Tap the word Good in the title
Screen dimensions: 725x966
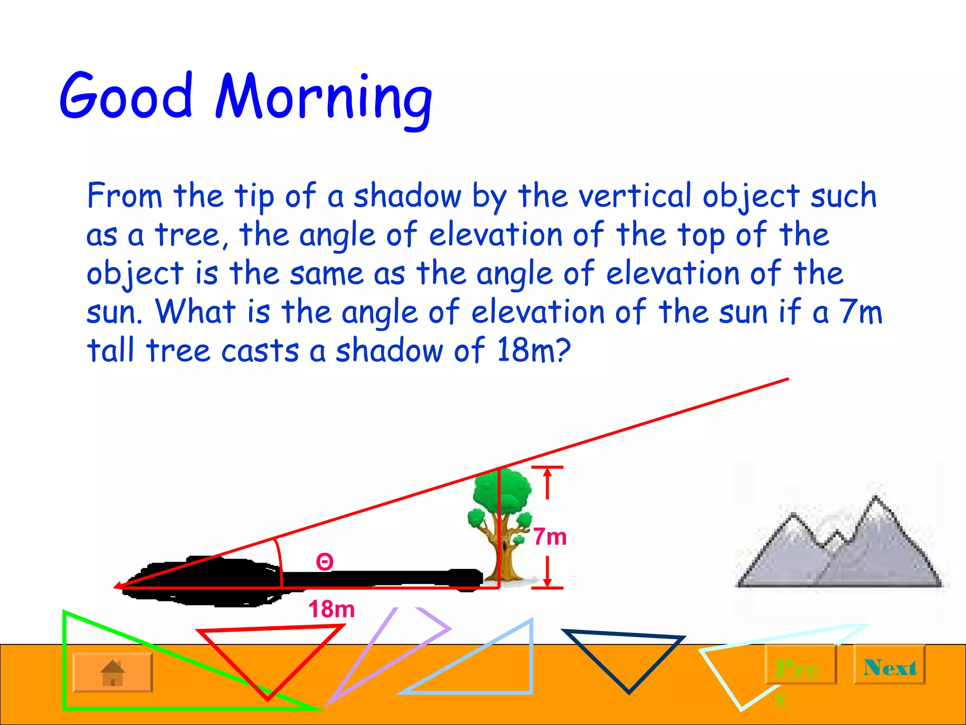[126, 97]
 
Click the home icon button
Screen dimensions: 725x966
[113, 673]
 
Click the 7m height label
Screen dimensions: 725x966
[550, 537]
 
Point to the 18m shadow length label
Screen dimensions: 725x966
[331, 609]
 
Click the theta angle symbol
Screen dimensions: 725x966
[325, 562]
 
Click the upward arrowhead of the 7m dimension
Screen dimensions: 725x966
[547, 473]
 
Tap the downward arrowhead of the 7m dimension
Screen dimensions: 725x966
[547, 582]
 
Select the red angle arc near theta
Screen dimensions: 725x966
[279, 562]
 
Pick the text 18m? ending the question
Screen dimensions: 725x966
[533, 350]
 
